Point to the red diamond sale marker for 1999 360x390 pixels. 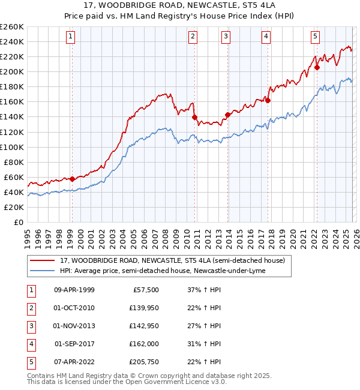(72, 179)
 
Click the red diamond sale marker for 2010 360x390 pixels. (194, 117)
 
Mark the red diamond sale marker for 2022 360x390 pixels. (317, 67)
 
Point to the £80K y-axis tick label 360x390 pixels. (14, 162)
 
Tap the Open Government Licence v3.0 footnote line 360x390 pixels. (118, 382)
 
